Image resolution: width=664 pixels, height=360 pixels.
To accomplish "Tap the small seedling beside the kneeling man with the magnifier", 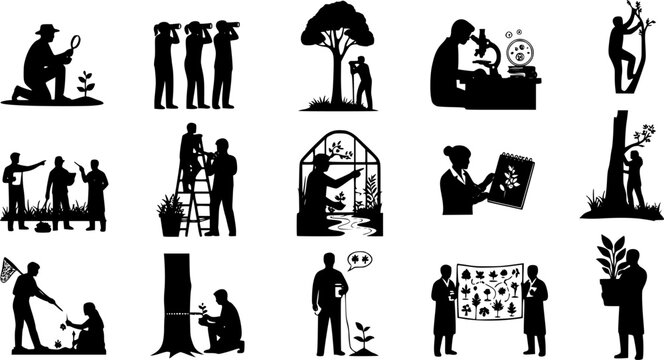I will (x=89, y=83).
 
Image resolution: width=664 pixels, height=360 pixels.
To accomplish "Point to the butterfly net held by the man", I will (x=12, y=266).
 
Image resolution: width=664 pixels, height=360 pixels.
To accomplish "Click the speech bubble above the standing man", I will (x=359, y=261).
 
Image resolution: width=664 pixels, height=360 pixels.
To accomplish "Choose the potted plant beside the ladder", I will (x=171, y=214).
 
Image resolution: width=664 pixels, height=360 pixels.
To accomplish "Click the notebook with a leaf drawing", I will (x=514, y=180).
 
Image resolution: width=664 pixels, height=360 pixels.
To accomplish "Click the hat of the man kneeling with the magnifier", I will (x=47, y=29).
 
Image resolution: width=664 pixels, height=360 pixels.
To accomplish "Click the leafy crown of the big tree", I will (x=338, y=26).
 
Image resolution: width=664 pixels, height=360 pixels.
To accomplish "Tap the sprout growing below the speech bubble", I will (x=362, y=334).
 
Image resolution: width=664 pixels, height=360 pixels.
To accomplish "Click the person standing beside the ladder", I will (x=222, y=185).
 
